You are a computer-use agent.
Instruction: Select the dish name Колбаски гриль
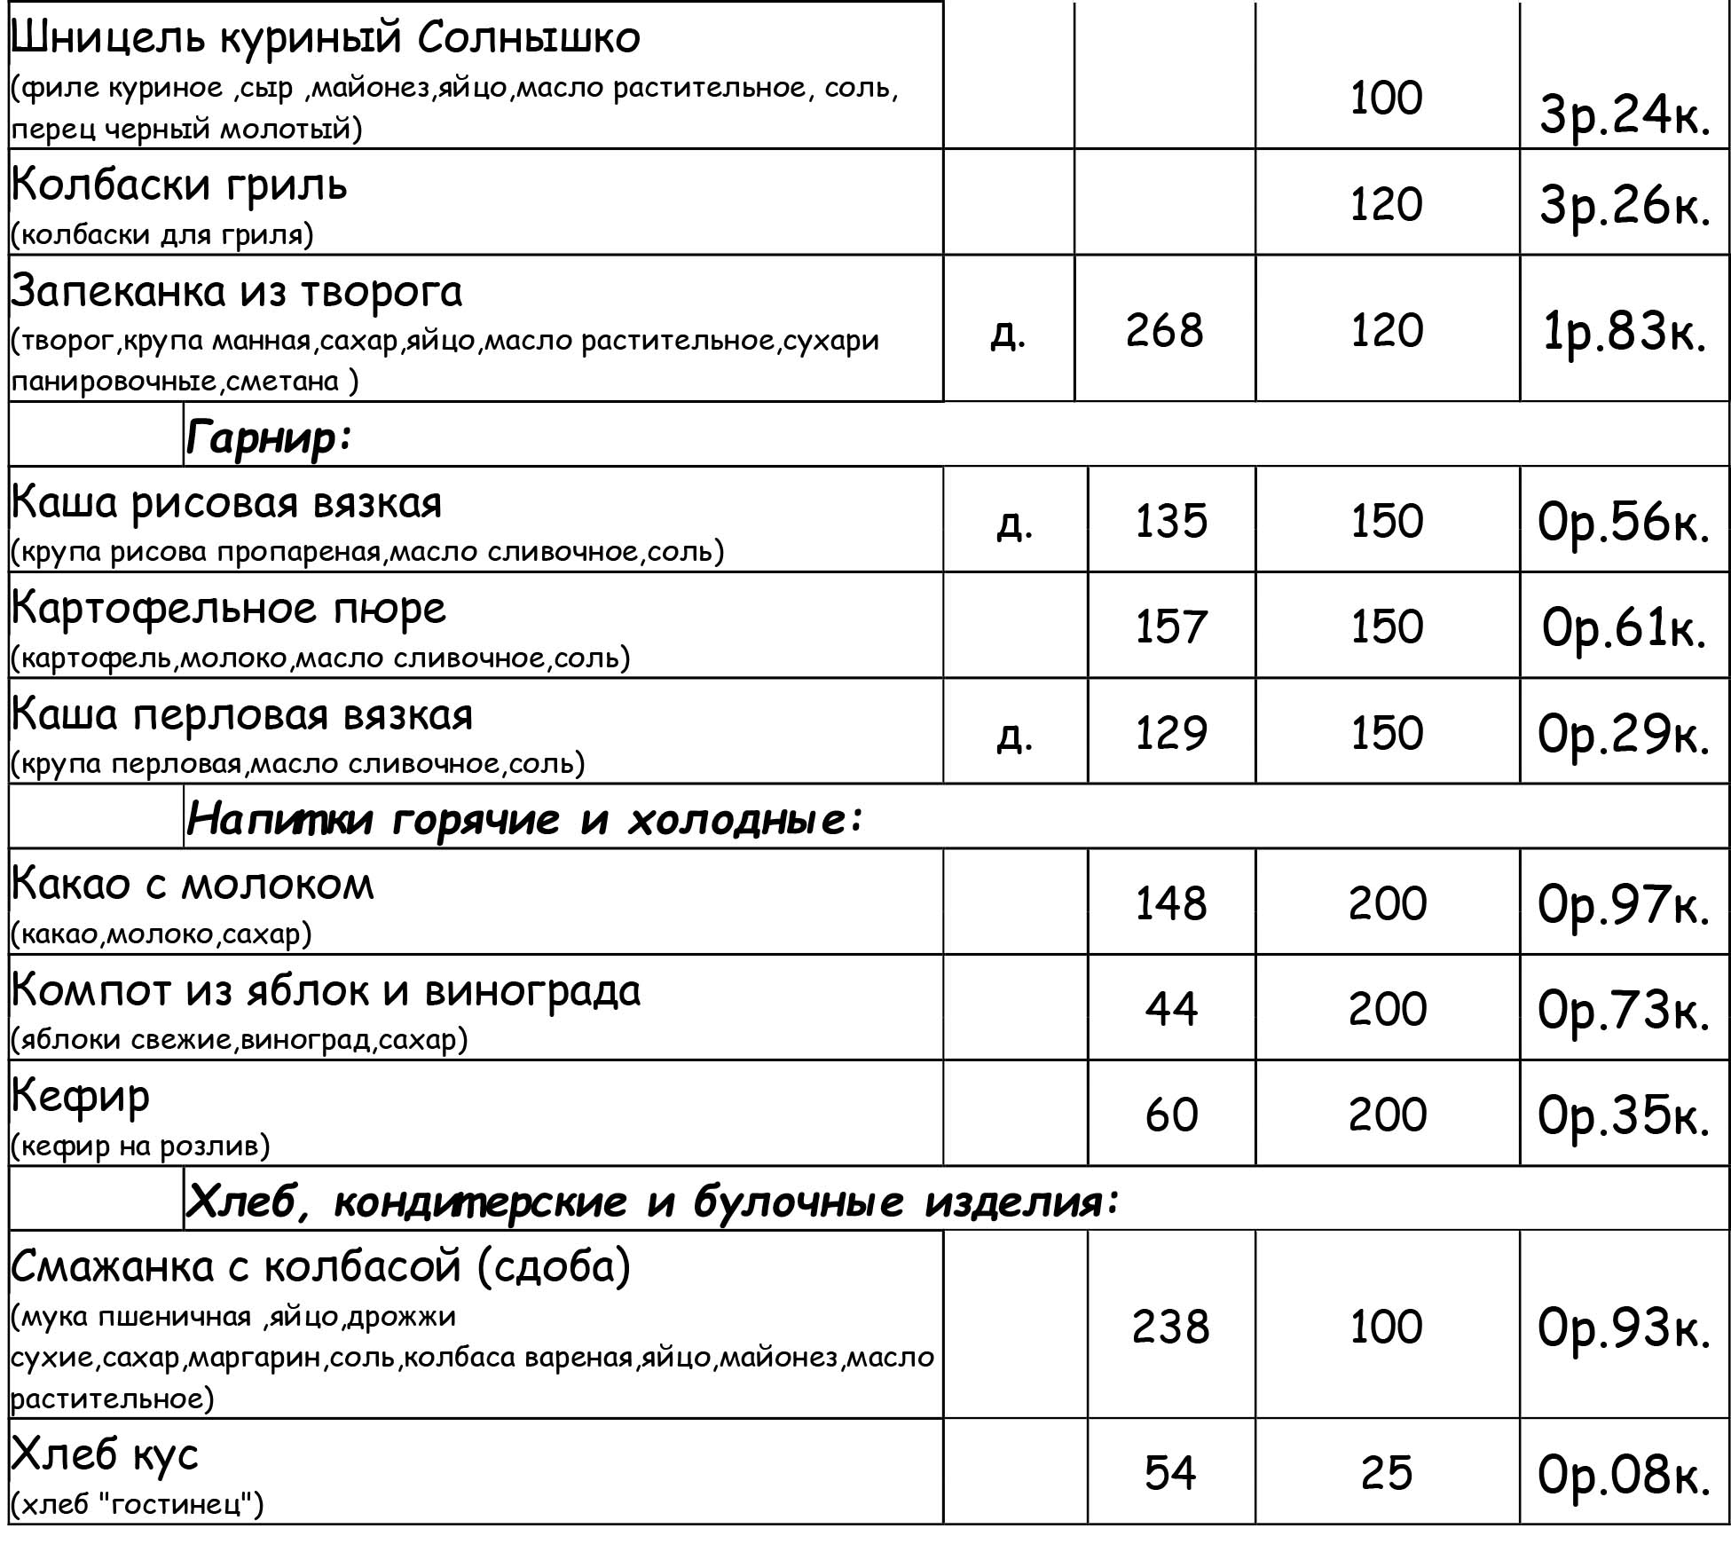click(x=179, y=185)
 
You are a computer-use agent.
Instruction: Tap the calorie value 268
click(x=1164, y=330)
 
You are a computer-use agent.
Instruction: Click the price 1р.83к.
click(x=1624, y=332)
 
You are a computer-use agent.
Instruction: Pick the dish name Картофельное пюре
click(x=228, y=609)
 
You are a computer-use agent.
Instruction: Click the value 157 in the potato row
click(x=1170, y=626)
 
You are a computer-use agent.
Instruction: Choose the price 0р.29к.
click(x=1623, y=734)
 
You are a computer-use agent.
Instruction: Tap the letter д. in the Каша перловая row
click(x=1014, y=735)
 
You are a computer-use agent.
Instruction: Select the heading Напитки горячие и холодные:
click(x=524, y=818)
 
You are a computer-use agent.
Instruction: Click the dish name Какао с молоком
click(x=193, y=884)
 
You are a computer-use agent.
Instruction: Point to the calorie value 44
click(x=1170, y=1009)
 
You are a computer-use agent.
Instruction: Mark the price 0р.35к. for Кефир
click(x=1623, y=1115)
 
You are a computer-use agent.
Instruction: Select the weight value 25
click(x=1386, y=1474)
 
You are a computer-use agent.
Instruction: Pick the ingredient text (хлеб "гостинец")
click(x=138, y=1505)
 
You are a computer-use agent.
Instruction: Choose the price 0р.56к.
click(x=1623, y=522)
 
